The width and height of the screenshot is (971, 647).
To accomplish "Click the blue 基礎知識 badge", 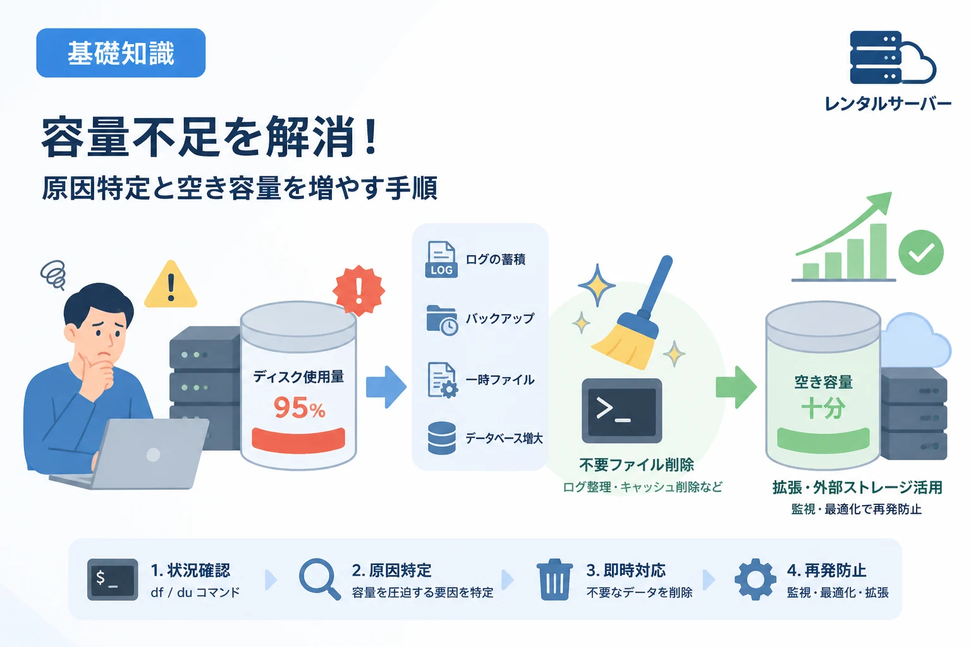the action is (x=121, y=53).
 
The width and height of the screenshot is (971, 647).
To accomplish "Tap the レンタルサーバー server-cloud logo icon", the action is (x=892, y=57).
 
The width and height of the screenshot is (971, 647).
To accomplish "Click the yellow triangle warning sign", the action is (x=171, y=284).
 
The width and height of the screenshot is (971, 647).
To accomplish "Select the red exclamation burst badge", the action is (x=358, y=289).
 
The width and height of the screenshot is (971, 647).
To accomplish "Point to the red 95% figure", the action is (x=299, y=408).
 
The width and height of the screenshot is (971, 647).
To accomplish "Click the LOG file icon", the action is (x=441, y=259).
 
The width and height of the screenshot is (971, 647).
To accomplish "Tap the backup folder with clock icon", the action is (x=442, y=320).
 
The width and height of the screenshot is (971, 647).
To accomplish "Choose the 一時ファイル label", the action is (x=500, y=380).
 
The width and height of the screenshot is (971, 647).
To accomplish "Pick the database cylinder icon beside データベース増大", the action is (x=442, y=438).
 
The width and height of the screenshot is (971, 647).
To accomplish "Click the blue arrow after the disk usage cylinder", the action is (x=386, y=387).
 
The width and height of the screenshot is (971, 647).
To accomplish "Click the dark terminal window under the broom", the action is (x=621, y=411).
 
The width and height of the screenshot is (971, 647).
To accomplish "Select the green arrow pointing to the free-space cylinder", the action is (x=736, y=387).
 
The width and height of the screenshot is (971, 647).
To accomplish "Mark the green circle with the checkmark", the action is (x=920, y=252).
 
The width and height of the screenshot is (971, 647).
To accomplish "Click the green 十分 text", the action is (x=822, y=408).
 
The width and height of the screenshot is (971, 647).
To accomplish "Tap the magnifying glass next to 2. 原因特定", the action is (x=319, y=579).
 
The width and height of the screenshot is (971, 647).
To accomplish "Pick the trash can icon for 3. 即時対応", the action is (x=554, y=579).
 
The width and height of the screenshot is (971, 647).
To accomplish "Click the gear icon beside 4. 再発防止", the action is (x=755, y=579).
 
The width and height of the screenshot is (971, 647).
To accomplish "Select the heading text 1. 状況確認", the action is (x=190, y=571).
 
